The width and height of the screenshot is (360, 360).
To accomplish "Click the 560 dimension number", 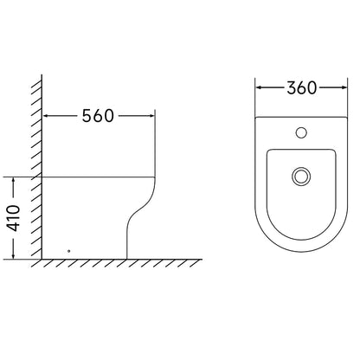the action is [x=98, y=116].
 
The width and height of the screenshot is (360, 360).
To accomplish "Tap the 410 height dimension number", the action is [x=14, y=218].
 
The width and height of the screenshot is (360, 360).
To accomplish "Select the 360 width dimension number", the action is [x=302, y=87].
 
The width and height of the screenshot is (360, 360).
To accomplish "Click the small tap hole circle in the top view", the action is [x=301, y=132].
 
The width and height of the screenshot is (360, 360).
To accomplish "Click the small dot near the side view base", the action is [x=68, y=251].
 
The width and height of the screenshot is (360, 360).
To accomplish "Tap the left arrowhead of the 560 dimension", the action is [x=45, y=116].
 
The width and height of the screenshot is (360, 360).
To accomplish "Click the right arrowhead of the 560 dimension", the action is [x=152, y=116].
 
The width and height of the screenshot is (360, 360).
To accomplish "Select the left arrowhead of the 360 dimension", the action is [x=259, y=87].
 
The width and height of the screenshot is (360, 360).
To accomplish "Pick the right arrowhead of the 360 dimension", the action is [x=344, y=87].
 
